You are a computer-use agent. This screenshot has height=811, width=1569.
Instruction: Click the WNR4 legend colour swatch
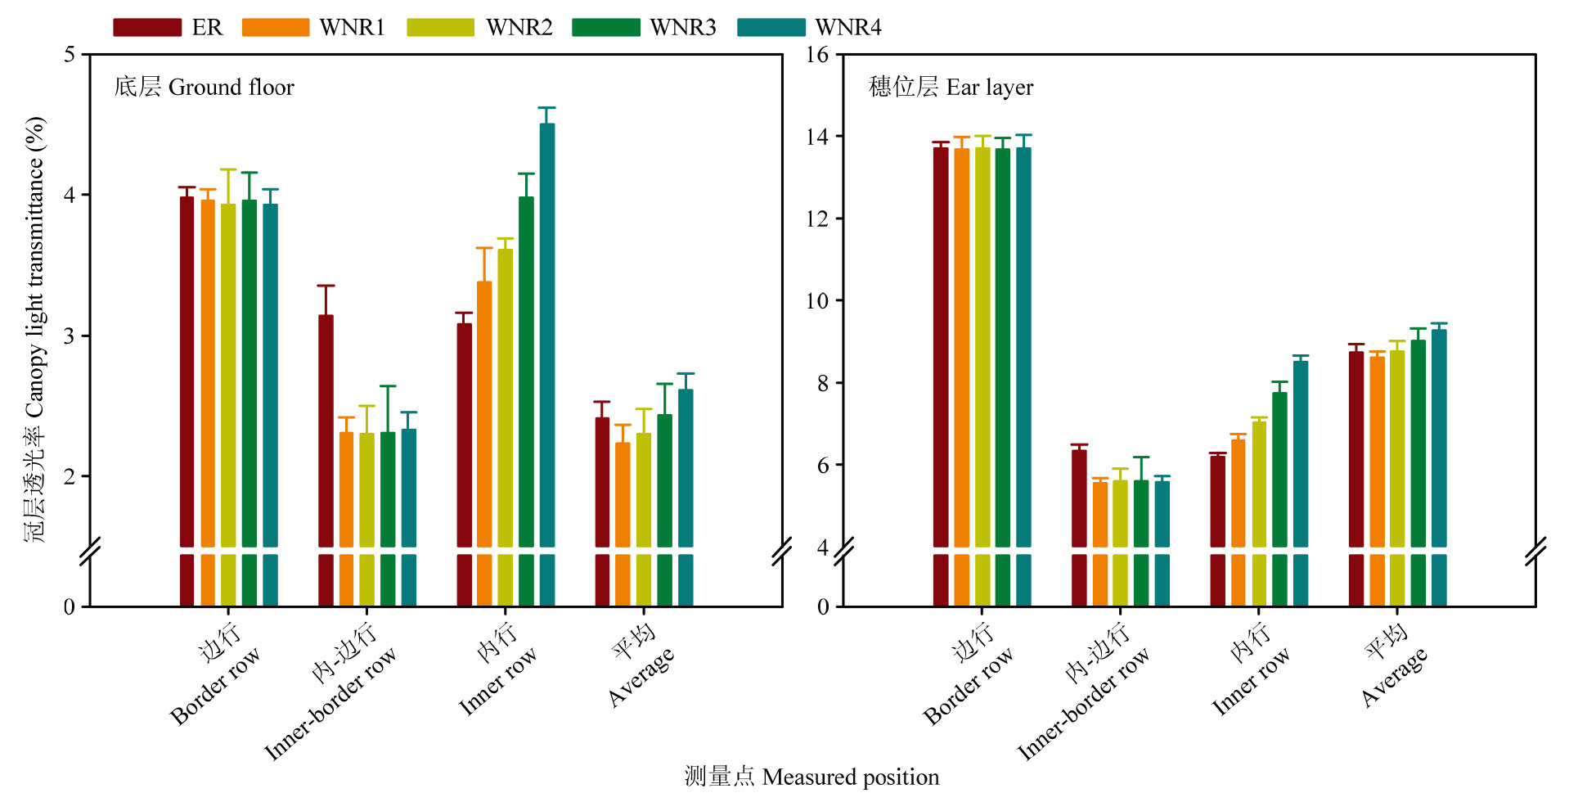pyautogui.click(x=771, y=28)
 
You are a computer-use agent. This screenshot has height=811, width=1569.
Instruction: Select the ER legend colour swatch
pyautogui.click(x=146, y=28)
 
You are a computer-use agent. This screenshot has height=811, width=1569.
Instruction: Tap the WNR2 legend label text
pyautogui.click(x=519, y=28)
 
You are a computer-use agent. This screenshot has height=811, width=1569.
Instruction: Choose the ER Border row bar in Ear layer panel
pyautogui.click(x=941, y=344)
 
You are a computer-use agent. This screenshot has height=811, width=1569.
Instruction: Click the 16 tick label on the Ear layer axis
pyautogui.click(x=817, y=55)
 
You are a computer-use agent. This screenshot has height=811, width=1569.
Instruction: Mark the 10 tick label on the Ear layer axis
pyautogui.click(x=817, y=301)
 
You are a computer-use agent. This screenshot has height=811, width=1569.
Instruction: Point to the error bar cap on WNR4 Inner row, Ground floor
pyautogui.click(x=547, y=108)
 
